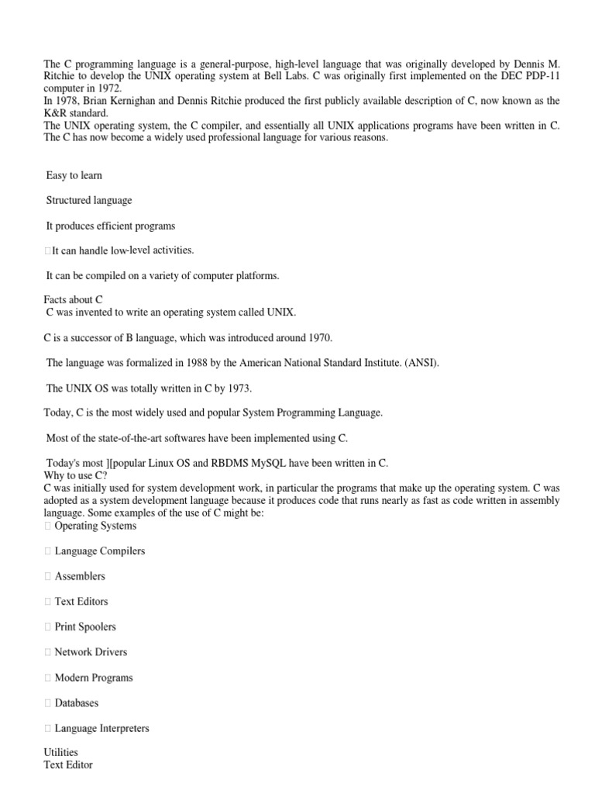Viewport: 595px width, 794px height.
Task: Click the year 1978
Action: pos(66,101)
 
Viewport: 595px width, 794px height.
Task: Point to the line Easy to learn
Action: pos(74,175)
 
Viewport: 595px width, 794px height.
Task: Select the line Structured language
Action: pos(89,200)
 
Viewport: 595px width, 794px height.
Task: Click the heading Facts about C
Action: pos(74,299)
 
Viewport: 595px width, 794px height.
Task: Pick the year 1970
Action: pos(319,337)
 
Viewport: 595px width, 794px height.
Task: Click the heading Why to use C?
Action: pos(77,475)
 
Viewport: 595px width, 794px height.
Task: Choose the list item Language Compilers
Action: pos(100,551)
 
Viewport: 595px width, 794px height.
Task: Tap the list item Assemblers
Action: pos(80,576)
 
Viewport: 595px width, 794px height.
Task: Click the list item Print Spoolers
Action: pos(85,627)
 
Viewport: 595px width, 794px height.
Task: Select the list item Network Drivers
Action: pos(91,652)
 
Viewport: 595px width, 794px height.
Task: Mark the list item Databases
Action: pos(77,703)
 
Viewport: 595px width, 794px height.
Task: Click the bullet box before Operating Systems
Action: pos(48,526)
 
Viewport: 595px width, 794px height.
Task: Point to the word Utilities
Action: pos(61,752)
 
